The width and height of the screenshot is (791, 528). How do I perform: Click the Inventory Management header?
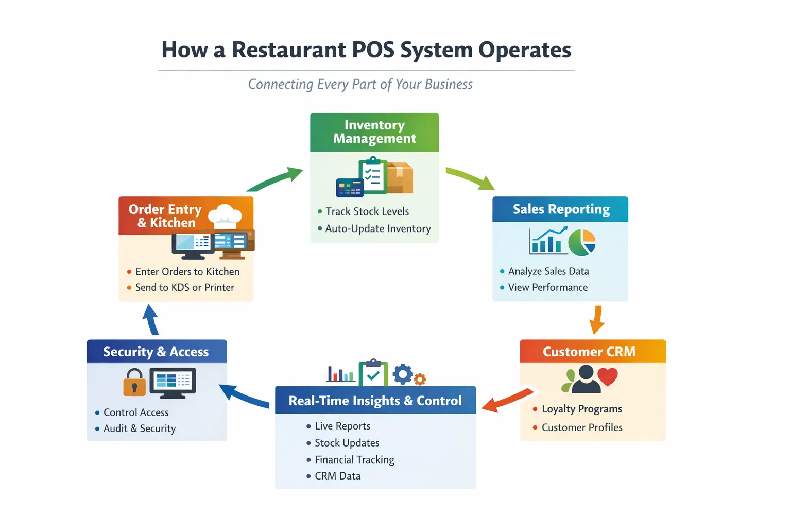point(374,132)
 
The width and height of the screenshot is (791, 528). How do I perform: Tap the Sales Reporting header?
point(561,209)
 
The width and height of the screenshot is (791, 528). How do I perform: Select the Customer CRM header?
point(589,352)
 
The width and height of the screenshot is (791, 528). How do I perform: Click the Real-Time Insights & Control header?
point(375,401)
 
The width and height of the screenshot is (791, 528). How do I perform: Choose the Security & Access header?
point(156,352)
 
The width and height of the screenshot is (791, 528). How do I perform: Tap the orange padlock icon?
point(134,382)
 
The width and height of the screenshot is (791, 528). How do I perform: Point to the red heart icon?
point(608,376)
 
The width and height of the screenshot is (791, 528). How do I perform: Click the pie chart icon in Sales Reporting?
point(582,242)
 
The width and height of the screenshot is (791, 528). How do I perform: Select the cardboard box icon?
point(400,178)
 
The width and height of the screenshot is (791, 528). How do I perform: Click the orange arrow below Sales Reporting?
point(597,320)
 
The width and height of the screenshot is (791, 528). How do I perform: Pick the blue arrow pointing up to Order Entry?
point(151,320)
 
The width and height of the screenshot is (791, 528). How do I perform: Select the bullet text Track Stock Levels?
point(367,211)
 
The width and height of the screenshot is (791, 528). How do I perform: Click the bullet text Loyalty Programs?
point(581,409)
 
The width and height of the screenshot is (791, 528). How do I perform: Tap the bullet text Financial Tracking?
point(354,459)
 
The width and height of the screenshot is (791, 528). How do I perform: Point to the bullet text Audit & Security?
point(140,428)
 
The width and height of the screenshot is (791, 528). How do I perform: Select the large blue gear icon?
point(403,374)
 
